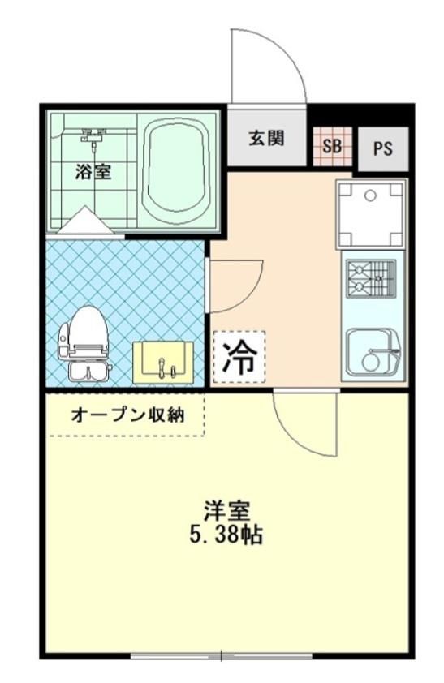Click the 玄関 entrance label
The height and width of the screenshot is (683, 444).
point(266,138)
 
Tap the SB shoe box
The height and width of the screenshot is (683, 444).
point(332,146)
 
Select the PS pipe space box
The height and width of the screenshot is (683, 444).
point(383,148)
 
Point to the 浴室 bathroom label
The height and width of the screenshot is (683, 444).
point(93,172)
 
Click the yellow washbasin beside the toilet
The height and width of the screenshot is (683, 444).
point(163,363)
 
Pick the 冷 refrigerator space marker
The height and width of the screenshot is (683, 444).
point(239,357)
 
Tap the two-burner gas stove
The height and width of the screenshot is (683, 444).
point(371,279)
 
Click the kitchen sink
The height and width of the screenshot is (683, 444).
point(374,351)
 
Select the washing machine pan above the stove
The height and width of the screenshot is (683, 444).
point(371,214)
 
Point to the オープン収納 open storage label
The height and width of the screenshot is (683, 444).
point(127,415)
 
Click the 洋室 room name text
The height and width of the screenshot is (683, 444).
point(227,510)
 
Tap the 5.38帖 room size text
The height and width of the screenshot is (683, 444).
point(226,535)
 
